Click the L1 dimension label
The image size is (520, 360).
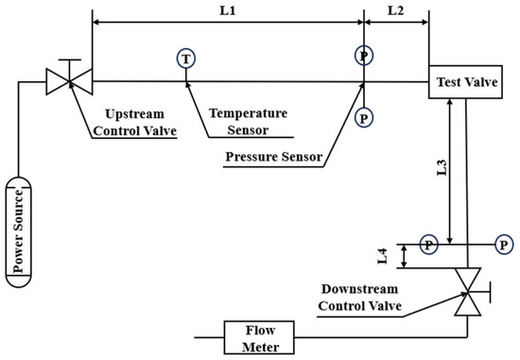[228, 11]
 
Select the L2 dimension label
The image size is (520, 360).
[395, 11]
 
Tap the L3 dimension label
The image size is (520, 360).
[442, 167]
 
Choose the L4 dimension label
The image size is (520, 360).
[383, 256]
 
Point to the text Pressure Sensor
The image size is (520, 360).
[274, 157]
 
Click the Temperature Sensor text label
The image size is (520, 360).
[248, 122]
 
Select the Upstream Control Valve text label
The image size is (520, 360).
[134, 122]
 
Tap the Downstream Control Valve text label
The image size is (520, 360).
[360, 298]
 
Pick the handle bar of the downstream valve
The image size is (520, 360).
[490, 292]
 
